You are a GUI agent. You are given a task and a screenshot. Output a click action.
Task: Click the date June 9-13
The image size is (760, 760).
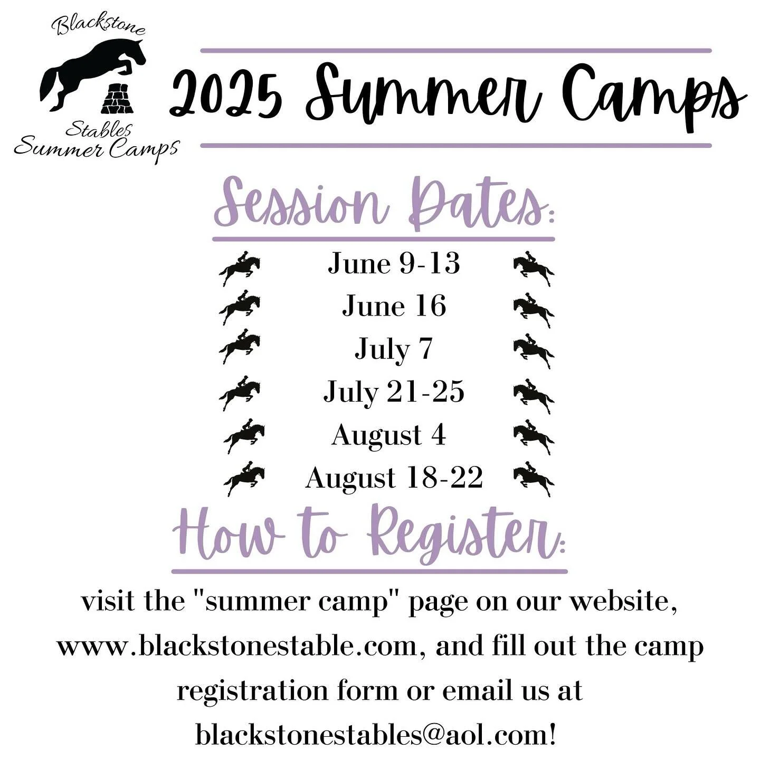click(394, 263)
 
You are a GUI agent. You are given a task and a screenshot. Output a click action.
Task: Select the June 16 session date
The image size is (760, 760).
click(394, 306)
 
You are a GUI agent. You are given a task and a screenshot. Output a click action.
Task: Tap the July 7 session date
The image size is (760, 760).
click(393, 349)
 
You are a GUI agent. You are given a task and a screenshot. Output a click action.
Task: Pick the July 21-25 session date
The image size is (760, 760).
click(394, 392)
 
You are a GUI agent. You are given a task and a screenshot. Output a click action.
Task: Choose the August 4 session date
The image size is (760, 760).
click(389, 435)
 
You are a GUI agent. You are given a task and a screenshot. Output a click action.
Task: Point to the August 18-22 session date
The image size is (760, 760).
click(394, 478)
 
